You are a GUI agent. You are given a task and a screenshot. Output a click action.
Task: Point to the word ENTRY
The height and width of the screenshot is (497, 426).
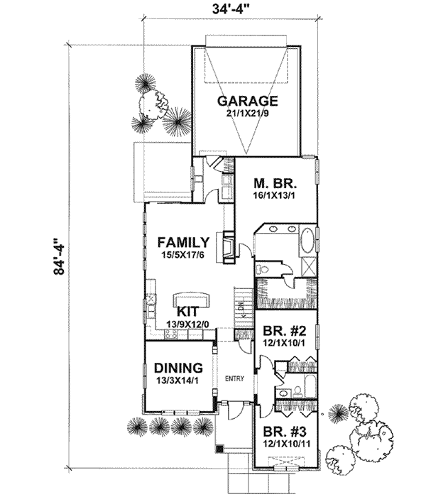click(234, 378)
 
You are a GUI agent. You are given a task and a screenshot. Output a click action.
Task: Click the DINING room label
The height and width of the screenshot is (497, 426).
click(178, 368)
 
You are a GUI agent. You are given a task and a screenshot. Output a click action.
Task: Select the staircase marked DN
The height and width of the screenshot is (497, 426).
click(241, 302)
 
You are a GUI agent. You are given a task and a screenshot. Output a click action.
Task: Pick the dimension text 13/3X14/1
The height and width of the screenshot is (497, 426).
click(178, 381)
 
